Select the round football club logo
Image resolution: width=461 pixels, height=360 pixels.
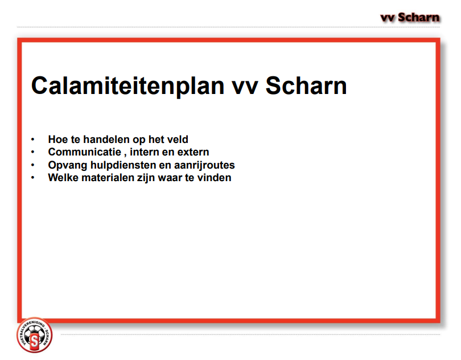(35, 335)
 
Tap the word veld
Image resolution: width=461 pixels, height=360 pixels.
(176, 139)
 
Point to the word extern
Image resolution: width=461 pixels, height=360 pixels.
(193, 152)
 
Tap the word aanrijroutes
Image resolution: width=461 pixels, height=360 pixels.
(204, 165)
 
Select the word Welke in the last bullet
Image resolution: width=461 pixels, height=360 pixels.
(63, 178)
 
